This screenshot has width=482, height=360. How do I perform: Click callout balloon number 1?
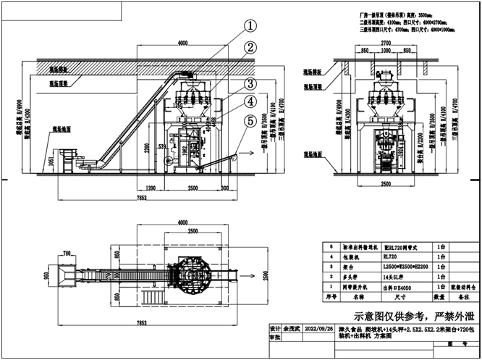click(250, 26)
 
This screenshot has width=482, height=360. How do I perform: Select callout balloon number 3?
click(250, 84)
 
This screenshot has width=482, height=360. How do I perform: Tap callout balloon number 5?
click(250, 121)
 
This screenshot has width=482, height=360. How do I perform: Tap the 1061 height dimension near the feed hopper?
click(51, 160)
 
